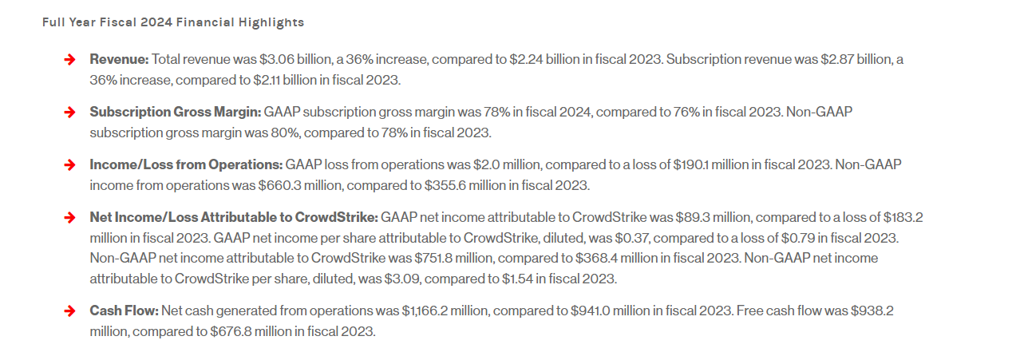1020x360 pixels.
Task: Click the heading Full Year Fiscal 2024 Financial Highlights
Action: point(173,22)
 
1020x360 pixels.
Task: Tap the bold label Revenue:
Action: point(119,59)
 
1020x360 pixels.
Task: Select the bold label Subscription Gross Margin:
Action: point(175,112)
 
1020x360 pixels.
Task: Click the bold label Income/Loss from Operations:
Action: point(186,164)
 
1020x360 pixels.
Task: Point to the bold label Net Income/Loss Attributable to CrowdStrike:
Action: point(234,217)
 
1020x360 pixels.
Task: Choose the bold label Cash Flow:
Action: point(125,310)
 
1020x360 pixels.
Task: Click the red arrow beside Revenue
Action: point(70,59)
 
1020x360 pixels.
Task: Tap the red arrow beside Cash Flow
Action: point(70,310)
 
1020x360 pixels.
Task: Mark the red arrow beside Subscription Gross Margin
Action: point(70,112)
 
